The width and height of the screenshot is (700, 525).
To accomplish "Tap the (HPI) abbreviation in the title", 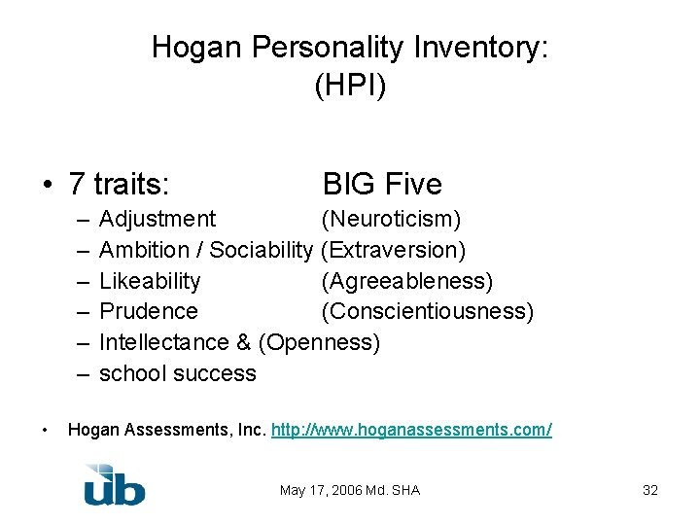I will click(350, 86).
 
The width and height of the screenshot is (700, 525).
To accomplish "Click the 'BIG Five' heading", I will click(382, 184).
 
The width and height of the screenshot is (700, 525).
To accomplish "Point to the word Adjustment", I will click(157, 220).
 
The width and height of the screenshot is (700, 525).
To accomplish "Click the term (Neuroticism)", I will click(391, 220).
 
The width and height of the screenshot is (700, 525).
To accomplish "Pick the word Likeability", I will click(150, 282).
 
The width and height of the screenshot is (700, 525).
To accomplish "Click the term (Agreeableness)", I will click(406, 282).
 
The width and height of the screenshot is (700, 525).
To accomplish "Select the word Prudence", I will click(149, 312).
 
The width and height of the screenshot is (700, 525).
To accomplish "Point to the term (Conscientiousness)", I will click(427, 312).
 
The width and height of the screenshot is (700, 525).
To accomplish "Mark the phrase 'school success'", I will click(178, 374).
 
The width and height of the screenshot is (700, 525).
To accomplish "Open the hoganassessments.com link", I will click(412, 430).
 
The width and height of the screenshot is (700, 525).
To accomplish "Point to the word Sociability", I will click(262, 251).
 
